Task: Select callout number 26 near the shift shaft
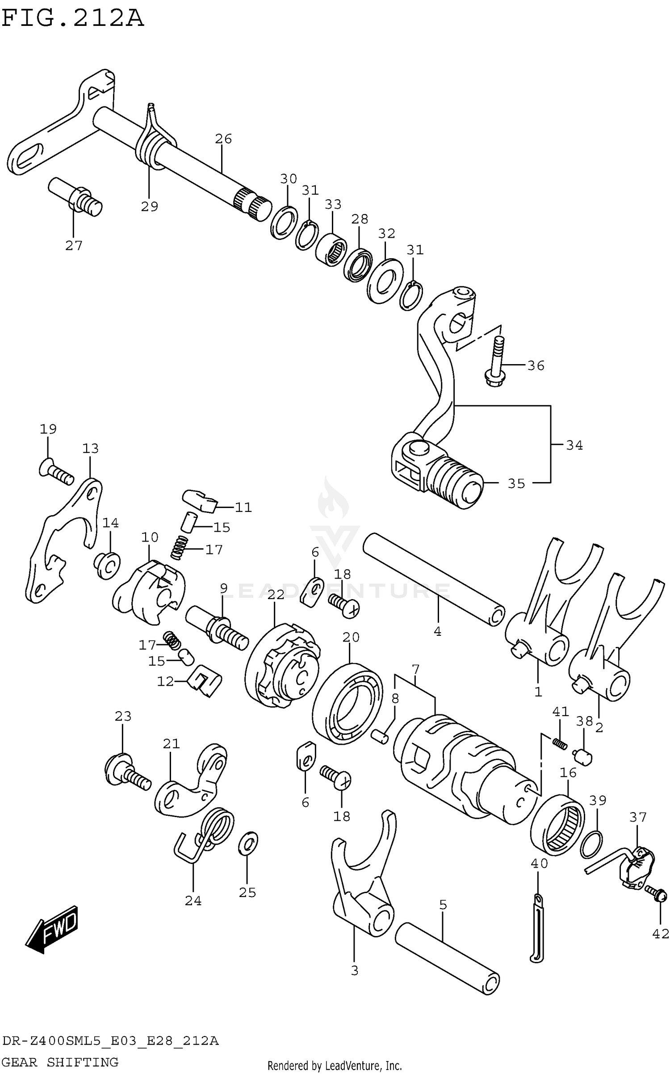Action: coord(223,139)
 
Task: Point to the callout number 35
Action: coord(516,484)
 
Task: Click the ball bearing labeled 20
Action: coord(348,704)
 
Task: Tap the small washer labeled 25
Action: coord(248,843)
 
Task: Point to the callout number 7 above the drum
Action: coord(415,670)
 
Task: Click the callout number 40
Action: coord(539,864)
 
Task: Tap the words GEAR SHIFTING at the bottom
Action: coord(61,1062)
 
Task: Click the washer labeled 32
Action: coord(385,281)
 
